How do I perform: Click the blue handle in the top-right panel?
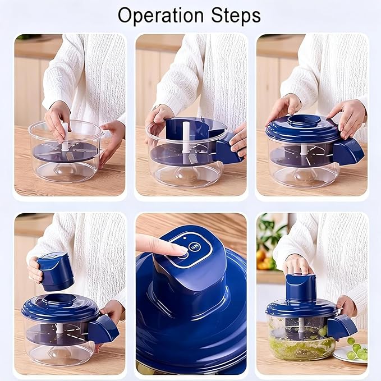click(348, 152)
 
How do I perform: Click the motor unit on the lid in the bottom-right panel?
click(301, 288)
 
